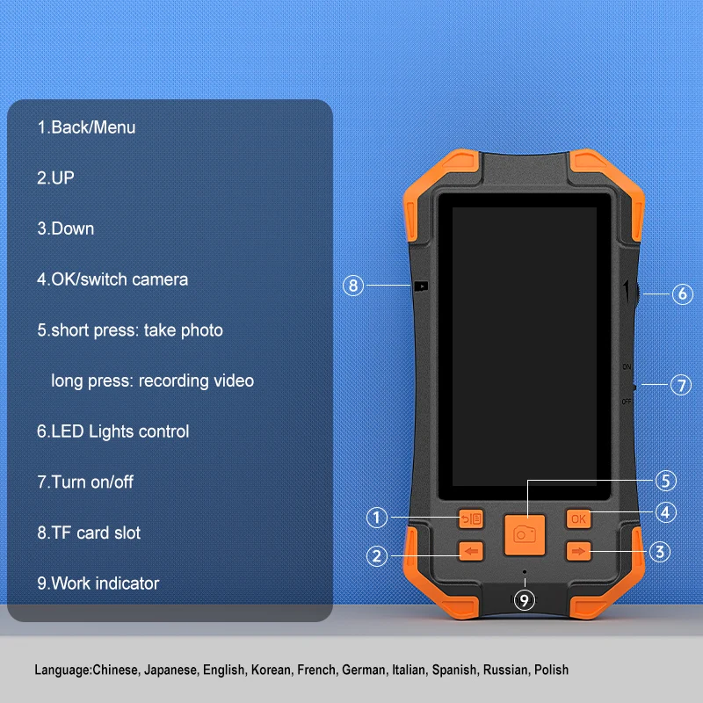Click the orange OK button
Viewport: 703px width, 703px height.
coord(578,518)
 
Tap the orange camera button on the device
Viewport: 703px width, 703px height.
coord(525,534)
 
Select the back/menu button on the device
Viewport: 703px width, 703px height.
coord(471,518)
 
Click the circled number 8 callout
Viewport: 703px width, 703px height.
coord(353,286)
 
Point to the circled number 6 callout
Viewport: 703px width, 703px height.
coord(683,294)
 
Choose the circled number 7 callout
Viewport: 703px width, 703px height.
coord(681,385)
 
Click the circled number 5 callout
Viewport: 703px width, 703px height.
coord(666,481)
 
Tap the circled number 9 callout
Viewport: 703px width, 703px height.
coord(524,599)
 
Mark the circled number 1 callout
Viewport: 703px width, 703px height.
coord(377,518)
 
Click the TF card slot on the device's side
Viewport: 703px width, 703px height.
coord(421,286)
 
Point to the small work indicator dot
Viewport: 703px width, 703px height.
coord(525,572)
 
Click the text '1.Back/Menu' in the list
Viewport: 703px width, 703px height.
coord(86,127)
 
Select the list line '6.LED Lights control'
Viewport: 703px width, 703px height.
coord(113,431)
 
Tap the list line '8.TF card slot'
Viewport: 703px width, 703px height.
coord(89,533)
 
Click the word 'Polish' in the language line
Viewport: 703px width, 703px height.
coord(552,670)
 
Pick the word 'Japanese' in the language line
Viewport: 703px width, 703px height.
coord(170,670)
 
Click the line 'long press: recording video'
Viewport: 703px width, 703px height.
coord(152,381)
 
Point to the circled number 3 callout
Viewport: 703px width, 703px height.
coord(660,552)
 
